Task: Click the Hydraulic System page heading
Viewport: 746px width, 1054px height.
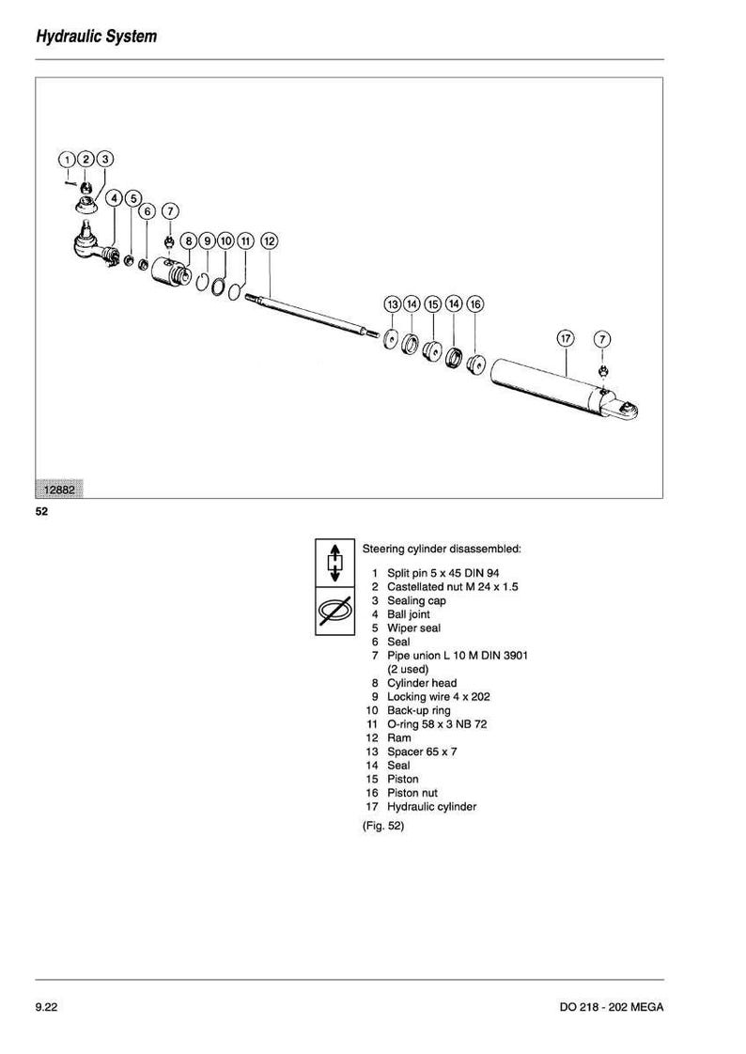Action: coord(96,37)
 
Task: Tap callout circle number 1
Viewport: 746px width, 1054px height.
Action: coord(67,160)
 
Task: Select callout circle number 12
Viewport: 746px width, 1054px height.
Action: coord(269,240)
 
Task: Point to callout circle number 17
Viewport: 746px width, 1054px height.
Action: coord(566,338)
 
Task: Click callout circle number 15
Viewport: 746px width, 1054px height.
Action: coord(433,304)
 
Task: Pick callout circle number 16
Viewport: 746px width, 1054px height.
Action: coord(475,304)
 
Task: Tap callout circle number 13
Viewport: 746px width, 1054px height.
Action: coord(393,304)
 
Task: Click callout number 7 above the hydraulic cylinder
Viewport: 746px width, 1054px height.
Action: coord(602,339)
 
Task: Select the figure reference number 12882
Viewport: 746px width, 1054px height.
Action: coord(59,489)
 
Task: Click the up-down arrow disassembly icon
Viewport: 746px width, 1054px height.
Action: coord(334,563)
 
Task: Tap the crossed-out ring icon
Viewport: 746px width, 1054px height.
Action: coord(334,611)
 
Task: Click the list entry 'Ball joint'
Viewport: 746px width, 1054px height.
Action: coord(408,614)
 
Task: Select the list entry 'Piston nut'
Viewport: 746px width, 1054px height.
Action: coord(412,793)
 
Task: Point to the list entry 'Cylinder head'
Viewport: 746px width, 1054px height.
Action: coord(422,683)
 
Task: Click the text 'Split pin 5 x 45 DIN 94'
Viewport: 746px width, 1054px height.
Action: coord(443,573)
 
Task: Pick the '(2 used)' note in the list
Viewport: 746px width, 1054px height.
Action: coord(407,670)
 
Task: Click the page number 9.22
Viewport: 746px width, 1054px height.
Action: coord(46,1007)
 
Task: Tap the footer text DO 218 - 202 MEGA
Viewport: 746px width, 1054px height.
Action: coord(611,1007)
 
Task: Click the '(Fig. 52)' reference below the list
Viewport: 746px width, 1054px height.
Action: coord(383,826)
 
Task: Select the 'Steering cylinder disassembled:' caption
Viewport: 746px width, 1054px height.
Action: coord(442,550)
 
